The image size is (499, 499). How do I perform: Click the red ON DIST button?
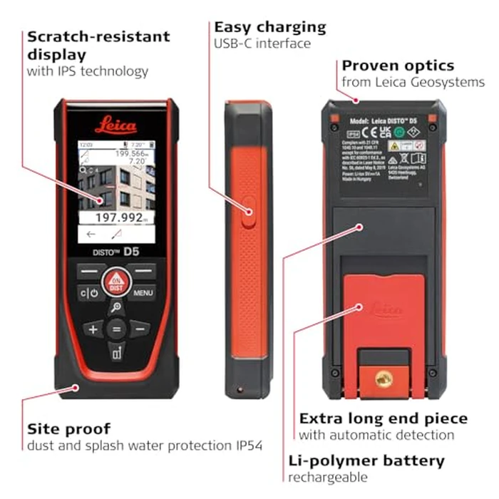click(115, 282)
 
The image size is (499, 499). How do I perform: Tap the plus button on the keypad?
click(92, 329)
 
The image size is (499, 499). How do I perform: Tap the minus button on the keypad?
click(139, 329)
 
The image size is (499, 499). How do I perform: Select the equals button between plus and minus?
click(115, 329)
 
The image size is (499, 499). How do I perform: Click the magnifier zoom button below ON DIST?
click(115, 307)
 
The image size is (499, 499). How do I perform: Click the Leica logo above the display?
click(115, 125)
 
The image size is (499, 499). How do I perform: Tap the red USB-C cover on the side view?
click(249, 210)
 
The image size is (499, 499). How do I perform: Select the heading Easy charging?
click(270, 27)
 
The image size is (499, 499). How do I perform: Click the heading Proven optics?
click(398, 66)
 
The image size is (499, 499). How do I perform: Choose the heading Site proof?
click(68, 429)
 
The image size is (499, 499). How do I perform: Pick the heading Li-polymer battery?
click(366, 461)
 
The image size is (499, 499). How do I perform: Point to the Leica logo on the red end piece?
click(385, 310)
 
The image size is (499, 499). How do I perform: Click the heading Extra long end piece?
click(383, 418)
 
